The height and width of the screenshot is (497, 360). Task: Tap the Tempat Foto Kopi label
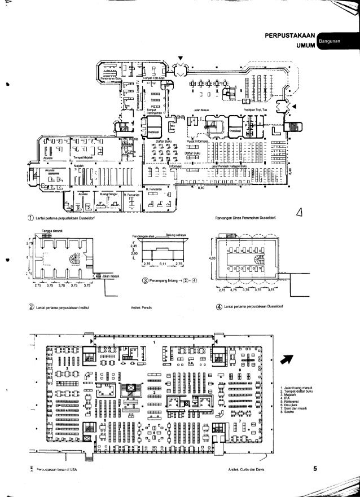click(153, 77)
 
